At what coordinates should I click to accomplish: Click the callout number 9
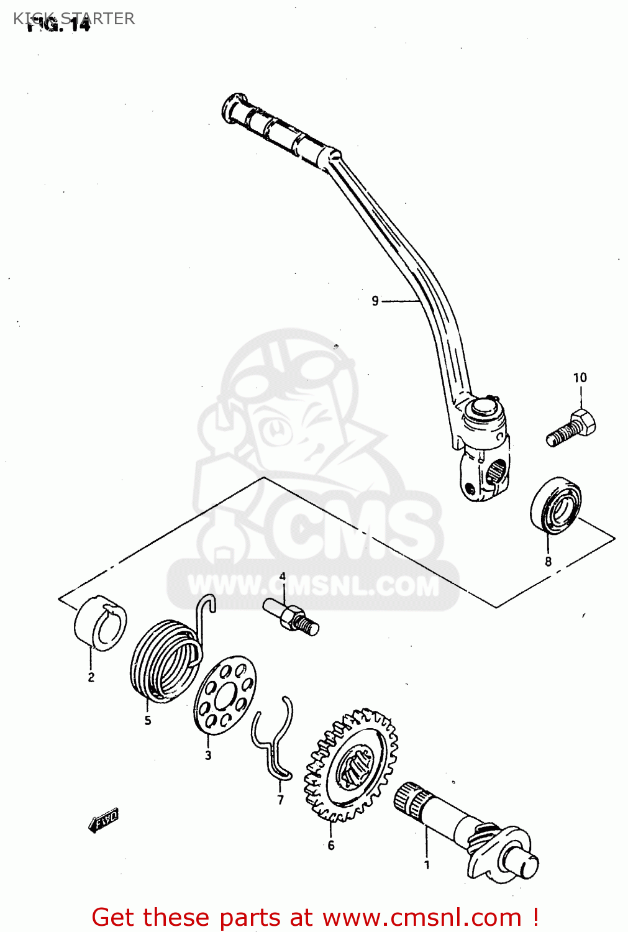click(x=375, y=301)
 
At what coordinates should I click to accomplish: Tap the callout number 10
click(x=580, y=378)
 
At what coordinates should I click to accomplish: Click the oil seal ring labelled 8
click(x=556, y=505)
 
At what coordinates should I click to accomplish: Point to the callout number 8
click(x=548, y=562)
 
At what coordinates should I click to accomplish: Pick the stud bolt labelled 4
click(x=291, y=616)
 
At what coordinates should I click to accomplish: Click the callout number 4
click(x=283, y=577)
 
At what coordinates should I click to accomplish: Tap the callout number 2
click(x=91, y=677)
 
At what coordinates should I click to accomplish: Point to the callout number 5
click(x=148, y=721)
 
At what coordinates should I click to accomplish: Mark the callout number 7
click(x=281, y=800)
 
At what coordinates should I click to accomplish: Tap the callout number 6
click(x=331, y=845)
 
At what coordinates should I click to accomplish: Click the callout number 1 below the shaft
click(x=427, y=864)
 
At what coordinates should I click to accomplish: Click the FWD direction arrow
click(x=103, y=820)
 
